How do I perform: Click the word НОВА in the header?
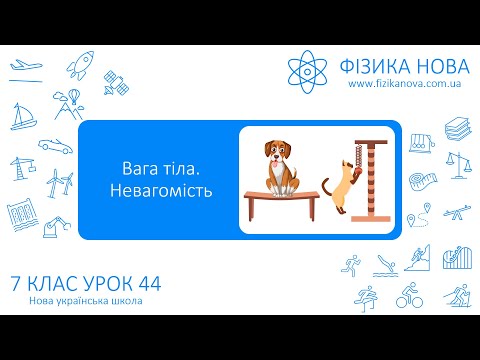[435, 67]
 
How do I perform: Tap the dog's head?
[279, 153]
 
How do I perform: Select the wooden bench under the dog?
[279, 198]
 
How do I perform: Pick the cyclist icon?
[408, 297]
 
